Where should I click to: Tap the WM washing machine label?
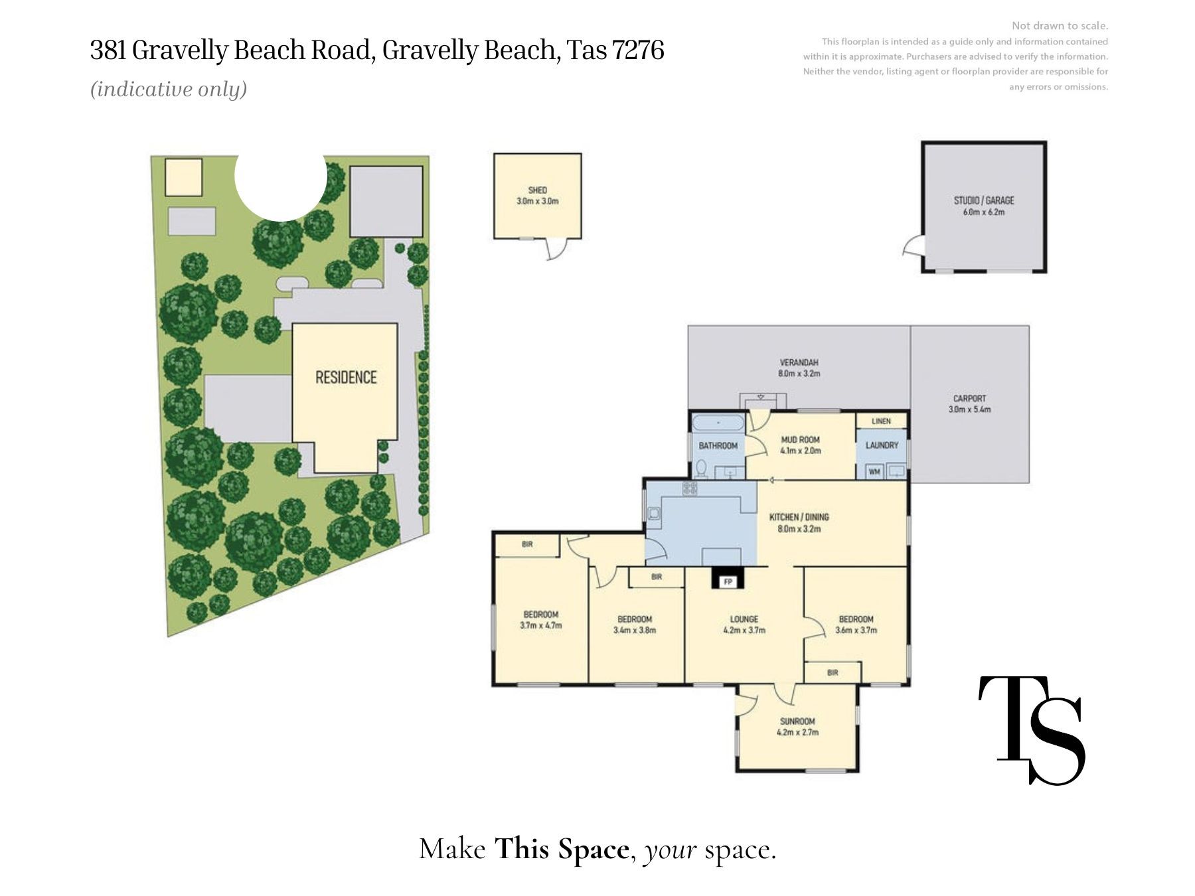874,472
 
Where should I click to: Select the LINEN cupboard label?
881,421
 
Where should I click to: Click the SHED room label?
537,190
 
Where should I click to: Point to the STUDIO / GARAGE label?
984,200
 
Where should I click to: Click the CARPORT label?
969,398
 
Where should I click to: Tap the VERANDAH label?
799,362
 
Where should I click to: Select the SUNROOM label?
797,721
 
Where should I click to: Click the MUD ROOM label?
800,439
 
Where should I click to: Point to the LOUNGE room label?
744,619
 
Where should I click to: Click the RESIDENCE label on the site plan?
346,378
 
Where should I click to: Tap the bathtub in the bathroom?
718,423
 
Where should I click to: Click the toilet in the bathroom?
701,469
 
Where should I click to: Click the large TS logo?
1032,730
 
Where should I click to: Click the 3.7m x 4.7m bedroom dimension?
541,625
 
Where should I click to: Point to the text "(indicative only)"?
169,89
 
